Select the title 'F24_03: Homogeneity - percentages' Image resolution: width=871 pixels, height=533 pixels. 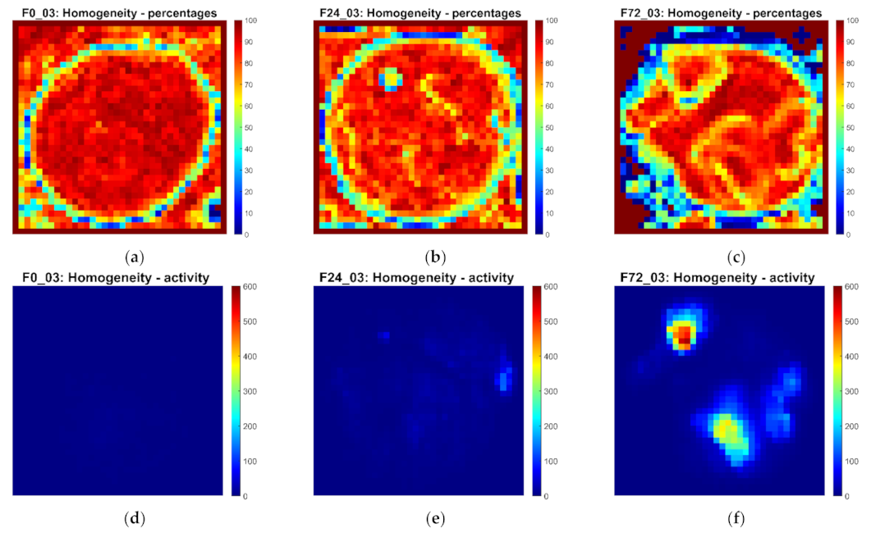pos(419,14)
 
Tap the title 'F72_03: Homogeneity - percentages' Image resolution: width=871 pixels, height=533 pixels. pos(720,14)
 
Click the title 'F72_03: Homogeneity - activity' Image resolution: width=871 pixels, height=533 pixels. pos(720,278)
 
